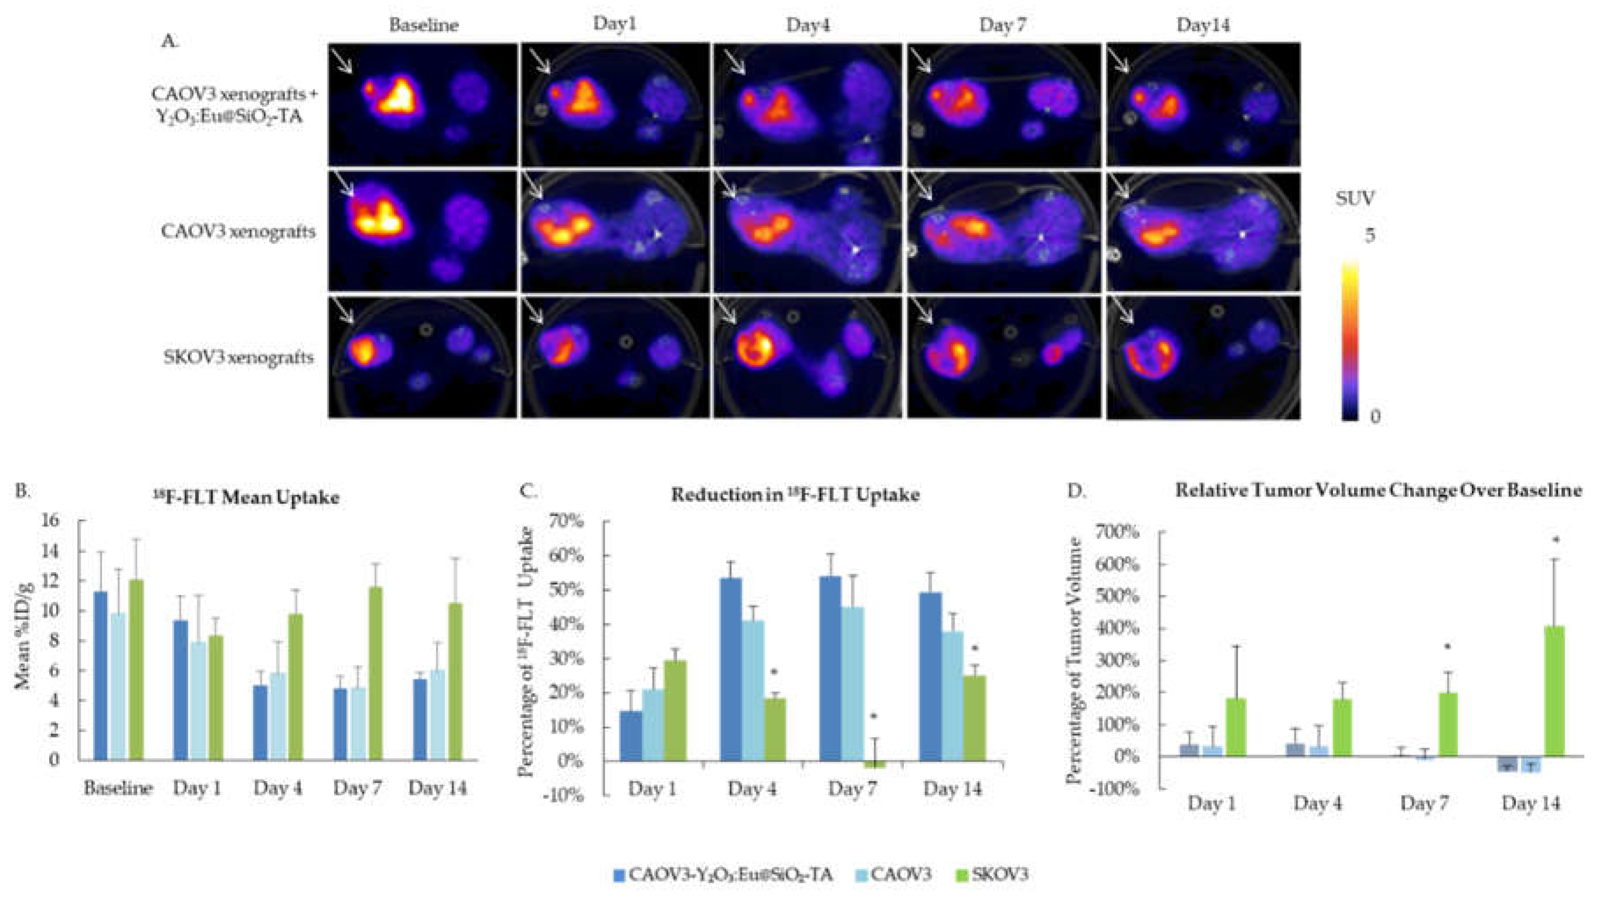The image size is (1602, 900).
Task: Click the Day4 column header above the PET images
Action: (808, 25)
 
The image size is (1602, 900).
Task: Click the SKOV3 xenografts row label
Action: (239, 358)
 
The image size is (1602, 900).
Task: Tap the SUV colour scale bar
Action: (1350, 342)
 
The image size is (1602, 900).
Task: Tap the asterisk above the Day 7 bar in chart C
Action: (874, 717)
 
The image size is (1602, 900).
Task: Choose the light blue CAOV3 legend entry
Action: (892, 875)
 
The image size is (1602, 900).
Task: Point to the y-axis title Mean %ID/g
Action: (24, 637)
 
